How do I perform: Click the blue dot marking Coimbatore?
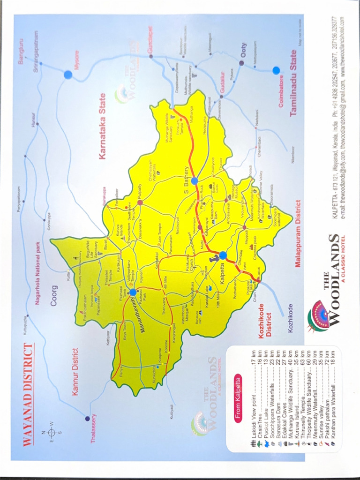tap(276, 71)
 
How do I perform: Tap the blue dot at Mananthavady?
tap(133, 292)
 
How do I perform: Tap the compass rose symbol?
tap(52, 432)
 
